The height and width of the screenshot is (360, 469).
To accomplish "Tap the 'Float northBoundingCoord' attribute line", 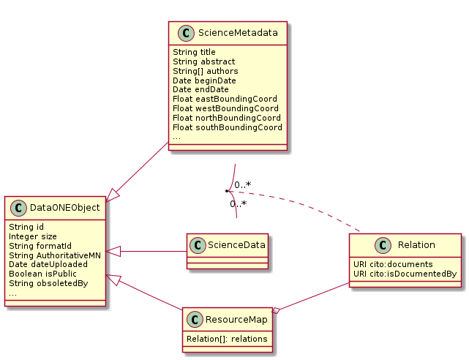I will (x=227, y=117).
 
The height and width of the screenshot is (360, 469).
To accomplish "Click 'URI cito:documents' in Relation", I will (x=393, y=264).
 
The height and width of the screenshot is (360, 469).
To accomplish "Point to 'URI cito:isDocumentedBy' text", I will (x=405, y=274).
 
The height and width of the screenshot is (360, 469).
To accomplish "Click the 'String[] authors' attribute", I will (x=196, y=71).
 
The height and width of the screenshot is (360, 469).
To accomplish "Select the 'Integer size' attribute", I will (x=33, y=236).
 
